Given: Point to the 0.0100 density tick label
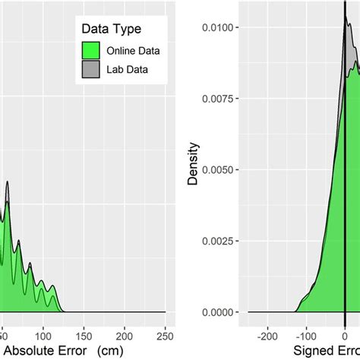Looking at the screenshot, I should (223, 27).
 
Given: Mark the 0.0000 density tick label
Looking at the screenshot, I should (223, 312).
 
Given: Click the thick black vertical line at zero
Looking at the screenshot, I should (345, 190).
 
